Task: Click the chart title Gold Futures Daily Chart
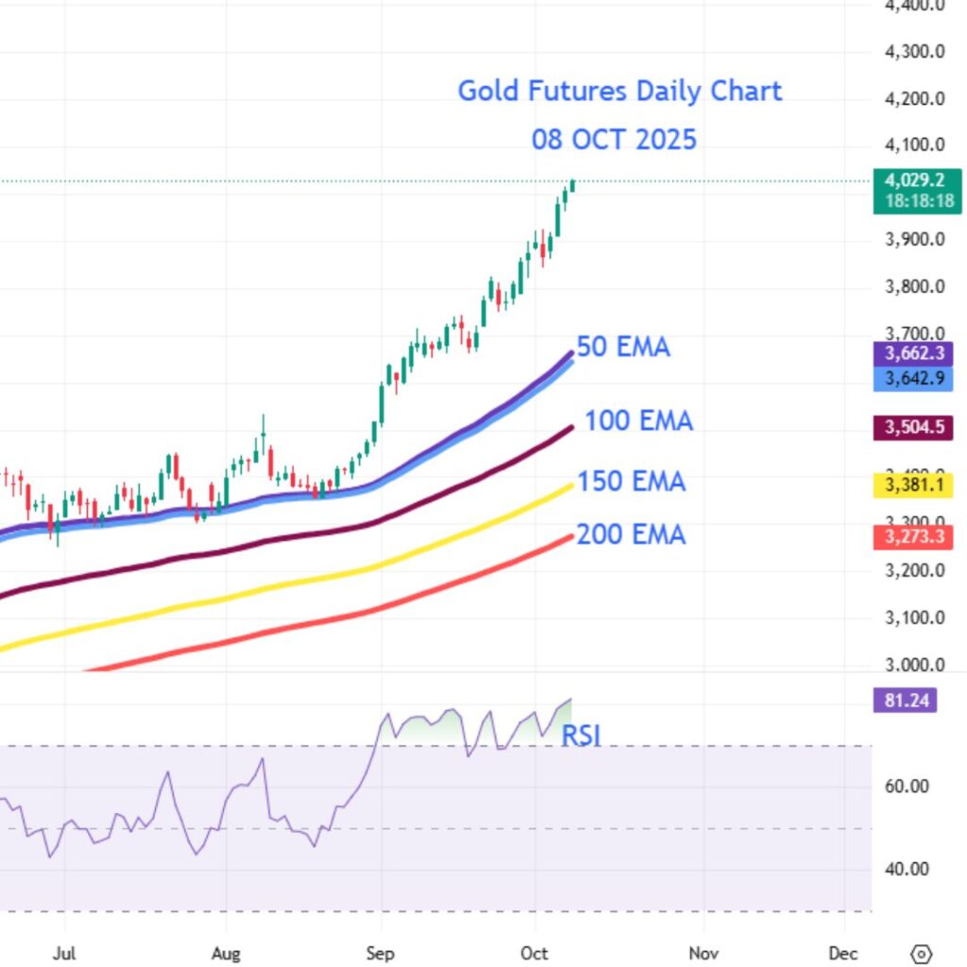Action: coord(619,92)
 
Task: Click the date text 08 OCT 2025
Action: coord(614,140)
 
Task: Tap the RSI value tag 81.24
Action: coord(906,701)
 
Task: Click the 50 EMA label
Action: coord(623,348)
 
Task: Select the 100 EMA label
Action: coord(638,420)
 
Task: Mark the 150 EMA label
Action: coord(631,483)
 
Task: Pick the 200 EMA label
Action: coord(631,535)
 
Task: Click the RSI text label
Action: coord(582,736)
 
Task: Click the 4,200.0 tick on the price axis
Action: coord(915,98)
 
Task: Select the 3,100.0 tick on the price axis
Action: coord(915,618)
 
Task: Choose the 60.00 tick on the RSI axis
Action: coord(905,786)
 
